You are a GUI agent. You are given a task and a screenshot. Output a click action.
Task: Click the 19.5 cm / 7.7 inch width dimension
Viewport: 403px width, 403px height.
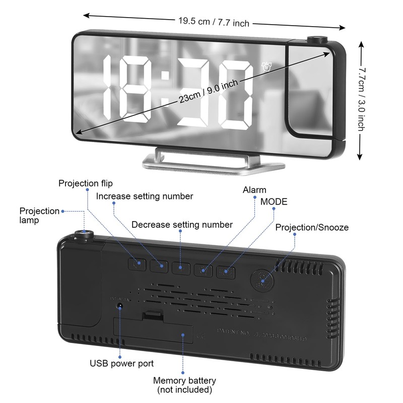point(214,22)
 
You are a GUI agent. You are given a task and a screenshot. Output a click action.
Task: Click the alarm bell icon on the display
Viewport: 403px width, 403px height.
point(265,66)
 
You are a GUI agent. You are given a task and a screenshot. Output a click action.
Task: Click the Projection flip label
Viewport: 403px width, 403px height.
point(86,183)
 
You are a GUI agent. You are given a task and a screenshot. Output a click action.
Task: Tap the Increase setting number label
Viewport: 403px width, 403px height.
point(145,195)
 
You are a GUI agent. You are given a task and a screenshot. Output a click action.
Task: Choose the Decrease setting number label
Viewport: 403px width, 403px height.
point(182,225)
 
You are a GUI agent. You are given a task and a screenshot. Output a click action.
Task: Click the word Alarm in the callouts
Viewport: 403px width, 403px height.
point(254,190)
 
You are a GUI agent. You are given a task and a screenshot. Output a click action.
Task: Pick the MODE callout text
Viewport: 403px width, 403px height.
point(274,201)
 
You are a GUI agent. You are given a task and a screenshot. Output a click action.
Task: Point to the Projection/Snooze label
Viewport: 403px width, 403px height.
point(312,227)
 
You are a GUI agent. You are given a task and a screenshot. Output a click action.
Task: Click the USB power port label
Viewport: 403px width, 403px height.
point(121,363)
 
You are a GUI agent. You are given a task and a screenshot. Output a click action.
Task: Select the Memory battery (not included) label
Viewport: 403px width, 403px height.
point(184,385)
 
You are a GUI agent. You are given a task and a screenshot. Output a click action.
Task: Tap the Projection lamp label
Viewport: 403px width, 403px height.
point(39,215)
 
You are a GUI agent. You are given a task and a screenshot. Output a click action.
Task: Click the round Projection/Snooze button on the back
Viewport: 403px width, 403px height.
point(261,276)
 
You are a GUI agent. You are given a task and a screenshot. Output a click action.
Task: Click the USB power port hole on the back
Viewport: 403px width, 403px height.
point(120,305)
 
